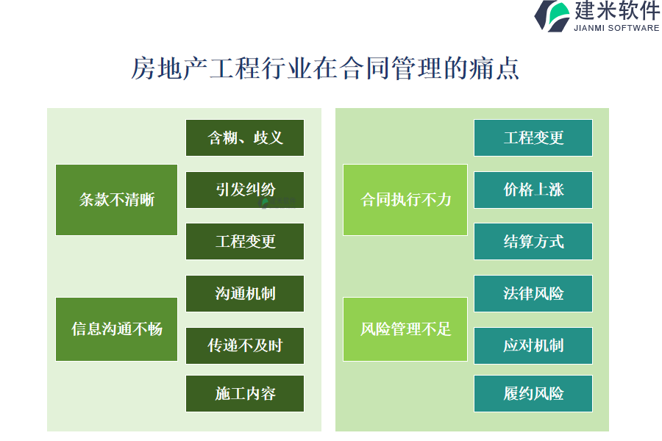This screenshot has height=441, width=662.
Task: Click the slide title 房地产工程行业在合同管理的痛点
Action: click(324, 68)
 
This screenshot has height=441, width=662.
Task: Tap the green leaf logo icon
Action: click(552, 15)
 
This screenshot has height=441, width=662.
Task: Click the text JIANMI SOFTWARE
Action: click(616, 28)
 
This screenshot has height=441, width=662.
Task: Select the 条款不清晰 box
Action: click(116, 200)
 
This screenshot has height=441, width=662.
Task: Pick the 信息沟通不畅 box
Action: click(116, 329)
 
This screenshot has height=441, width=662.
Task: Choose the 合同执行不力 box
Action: click(405, 200)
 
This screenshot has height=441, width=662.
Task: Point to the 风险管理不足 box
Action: click(405, 329)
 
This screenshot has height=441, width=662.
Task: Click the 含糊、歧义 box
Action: click(245, 137)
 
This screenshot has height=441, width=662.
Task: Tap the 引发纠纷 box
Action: click(245, 190)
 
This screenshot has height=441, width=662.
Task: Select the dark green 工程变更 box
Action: click(245, 241)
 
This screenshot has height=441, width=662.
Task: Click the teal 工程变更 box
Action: click(533, 137)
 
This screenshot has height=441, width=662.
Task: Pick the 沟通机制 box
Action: click(245, 294)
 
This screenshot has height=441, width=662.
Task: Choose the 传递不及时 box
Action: click(245, 345)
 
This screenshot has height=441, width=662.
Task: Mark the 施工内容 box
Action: click(245, 394)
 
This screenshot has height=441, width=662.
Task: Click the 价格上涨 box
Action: click(533, 190)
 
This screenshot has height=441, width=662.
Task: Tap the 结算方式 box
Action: click(533, 241)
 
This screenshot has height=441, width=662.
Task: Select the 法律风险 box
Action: click(533, 294)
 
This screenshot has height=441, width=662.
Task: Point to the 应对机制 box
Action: click(533, 345)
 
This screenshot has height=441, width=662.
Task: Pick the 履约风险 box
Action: click(533, 394)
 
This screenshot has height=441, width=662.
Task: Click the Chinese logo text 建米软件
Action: click(616, 10)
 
